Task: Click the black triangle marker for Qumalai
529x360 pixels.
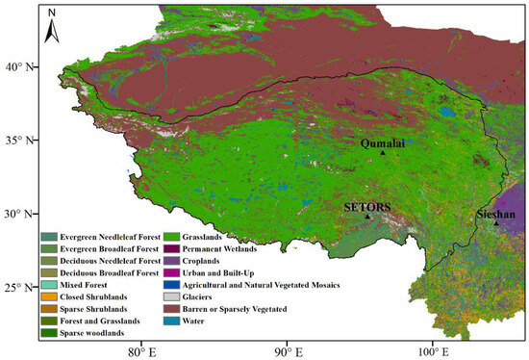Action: coord(383,152)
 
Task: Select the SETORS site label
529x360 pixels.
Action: coord(366,206)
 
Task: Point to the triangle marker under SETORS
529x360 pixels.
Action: coord(366,216)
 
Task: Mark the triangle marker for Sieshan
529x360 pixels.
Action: coord(496,222)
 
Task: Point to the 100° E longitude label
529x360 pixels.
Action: coord(431,349)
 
